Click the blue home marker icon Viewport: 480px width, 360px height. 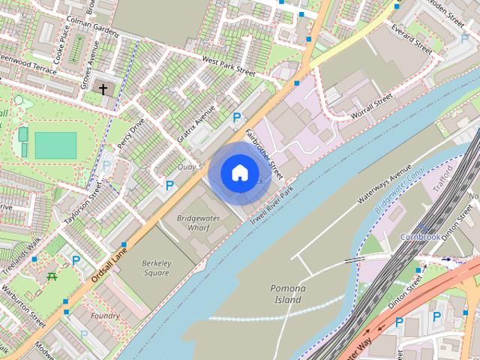tap(238, 173)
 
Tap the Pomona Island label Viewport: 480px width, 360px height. tap(287, 294)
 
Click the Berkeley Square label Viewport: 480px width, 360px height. tap(156, 268)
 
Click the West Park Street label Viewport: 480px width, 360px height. tap(228, 66)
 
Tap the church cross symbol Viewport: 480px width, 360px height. tap(104, 89)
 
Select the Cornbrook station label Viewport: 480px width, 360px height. tap(420, 236)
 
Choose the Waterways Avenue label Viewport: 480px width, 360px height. tap(385, 184)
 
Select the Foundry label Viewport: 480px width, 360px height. tap(105, 316)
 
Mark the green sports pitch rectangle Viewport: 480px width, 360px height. tap(55, 145)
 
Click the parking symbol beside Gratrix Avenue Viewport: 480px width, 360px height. tap(237, 117)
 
